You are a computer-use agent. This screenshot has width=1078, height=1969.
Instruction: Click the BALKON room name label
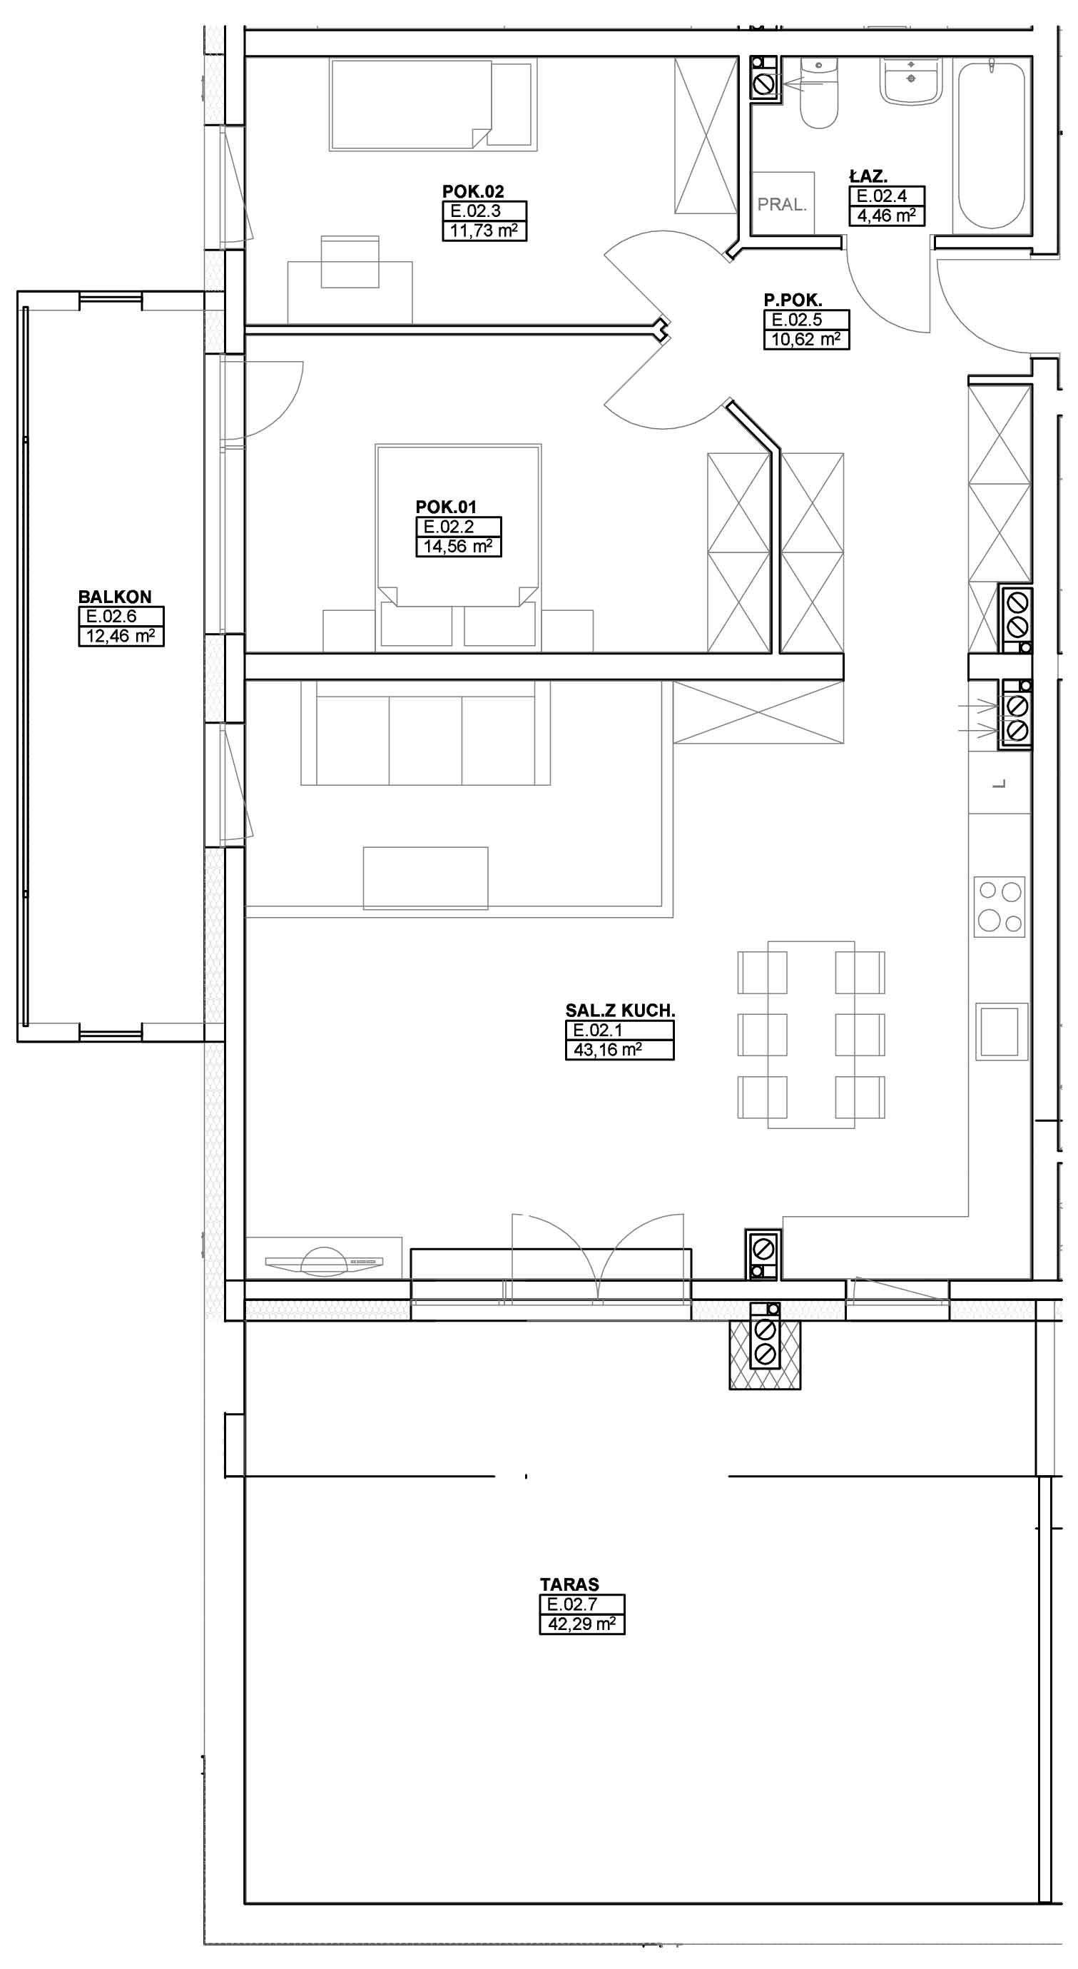coord(115,597)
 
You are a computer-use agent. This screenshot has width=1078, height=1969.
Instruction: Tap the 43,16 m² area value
coord(607,1050)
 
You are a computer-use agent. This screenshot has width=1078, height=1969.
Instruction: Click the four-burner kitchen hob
coord(1000,906)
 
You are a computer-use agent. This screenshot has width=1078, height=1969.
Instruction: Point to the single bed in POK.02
coord(431,106)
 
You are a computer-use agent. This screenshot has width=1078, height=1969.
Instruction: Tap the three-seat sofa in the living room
coord(425,732)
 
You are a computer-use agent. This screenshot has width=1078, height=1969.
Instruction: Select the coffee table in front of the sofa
coord(425,878)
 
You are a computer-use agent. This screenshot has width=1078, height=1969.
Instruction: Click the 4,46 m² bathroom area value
coord(886,216)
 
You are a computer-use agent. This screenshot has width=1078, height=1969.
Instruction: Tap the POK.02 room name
coord(473,192)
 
